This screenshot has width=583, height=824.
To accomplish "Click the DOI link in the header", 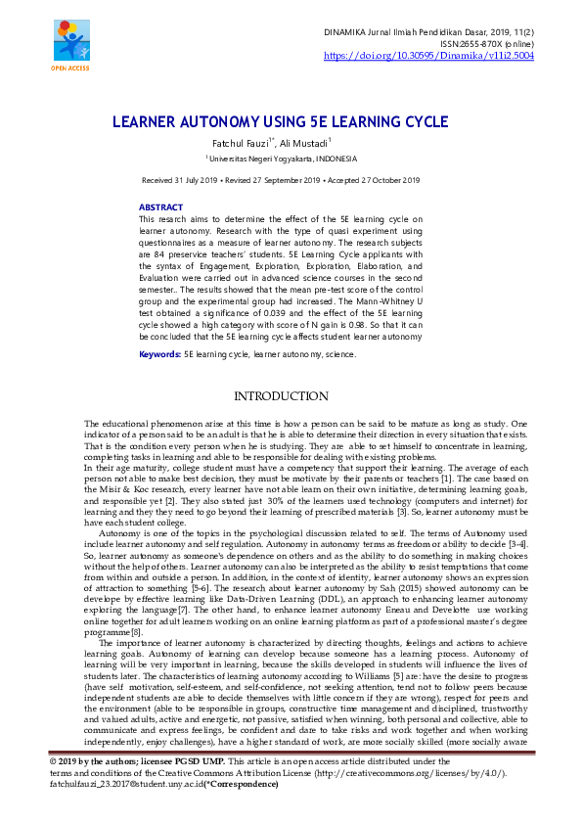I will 428,57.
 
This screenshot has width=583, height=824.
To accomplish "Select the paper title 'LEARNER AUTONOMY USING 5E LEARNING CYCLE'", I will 281,123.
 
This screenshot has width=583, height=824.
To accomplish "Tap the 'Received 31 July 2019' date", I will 182,181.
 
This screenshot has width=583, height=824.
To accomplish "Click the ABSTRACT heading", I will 160,208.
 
